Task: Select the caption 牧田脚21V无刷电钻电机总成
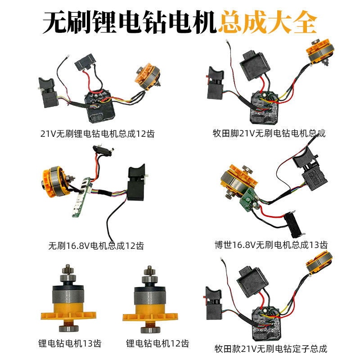tap(269, 133)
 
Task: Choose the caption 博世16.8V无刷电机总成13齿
tap(271, 245)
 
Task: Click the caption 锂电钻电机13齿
tap(70, 344)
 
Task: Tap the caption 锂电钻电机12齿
tap(157, 344)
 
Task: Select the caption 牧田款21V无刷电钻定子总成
tap(270, 348)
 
